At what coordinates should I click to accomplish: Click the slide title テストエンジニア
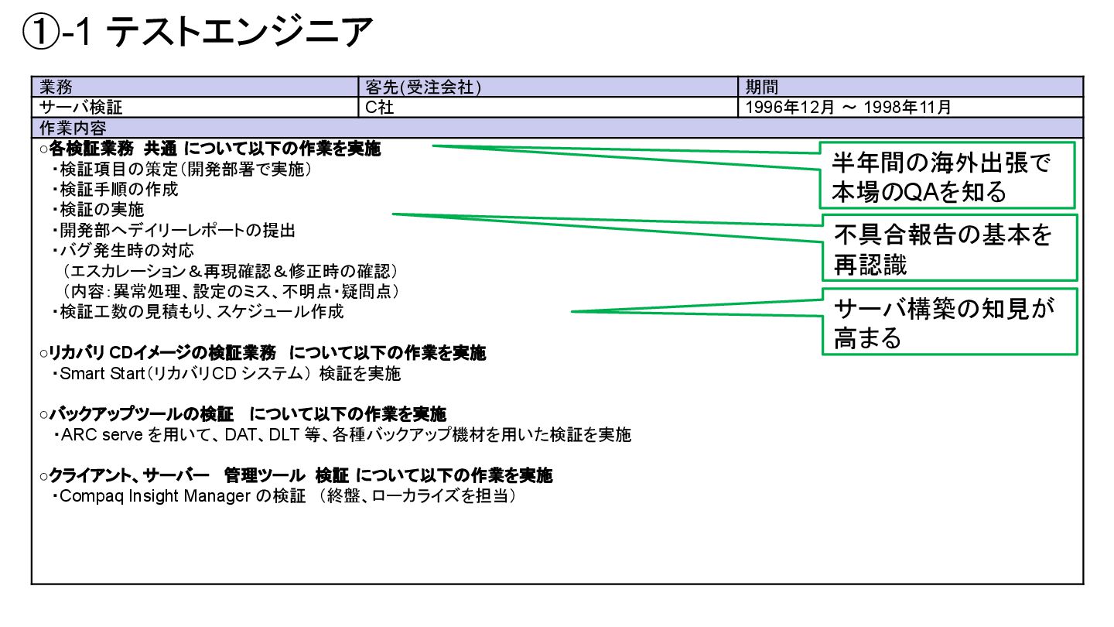198,33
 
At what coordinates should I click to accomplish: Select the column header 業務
56,87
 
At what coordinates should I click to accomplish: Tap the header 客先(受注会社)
423,87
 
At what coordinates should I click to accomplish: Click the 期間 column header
761,87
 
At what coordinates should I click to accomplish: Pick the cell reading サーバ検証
80,108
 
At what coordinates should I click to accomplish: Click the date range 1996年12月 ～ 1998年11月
848,108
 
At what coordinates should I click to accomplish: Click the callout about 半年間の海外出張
947,176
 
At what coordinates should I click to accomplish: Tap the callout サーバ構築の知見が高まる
948,322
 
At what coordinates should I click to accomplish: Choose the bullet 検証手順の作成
119,189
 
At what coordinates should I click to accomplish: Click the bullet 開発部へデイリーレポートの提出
177,231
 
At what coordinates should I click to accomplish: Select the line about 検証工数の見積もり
201,312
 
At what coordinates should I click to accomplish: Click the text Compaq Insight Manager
155,496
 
